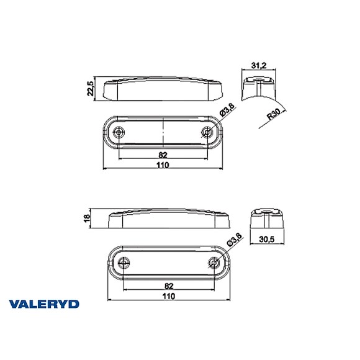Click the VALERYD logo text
[44, 304]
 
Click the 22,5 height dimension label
[91, 89]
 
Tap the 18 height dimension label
[87, 218]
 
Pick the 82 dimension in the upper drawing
[163, 154]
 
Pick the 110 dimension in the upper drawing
[163, 165]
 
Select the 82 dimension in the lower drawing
[169, 285]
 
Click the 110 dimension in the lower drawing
[169, 296]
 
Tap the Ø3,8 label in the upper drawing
[227, 112]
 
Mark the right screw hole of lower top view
[215, 261]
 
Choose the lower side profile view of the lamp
[169, 219]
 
